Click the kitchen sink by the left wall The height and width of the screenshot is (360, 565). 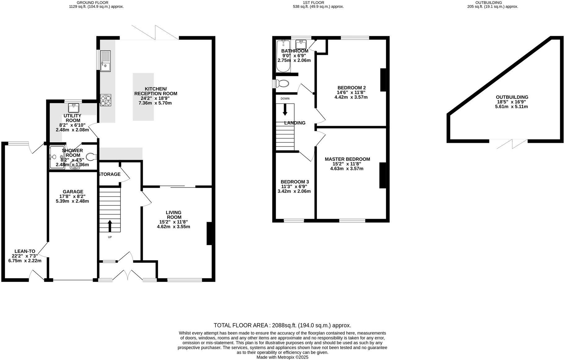(x=105, y=60)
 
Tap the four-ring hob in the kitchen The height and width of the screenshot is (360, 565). (x=106, y=100)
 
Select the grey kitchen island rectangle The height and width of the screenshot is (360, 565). (x=143, y=97)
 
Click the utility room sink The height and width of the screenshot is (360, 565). (x=74, y=108)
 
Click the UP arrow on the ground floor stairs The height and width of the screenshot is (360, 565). (x=110, y=226)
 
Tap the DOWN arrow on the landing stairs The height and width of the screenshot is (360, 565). (x=285, y=110)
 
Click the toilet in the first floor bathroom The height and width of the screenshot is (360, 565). (x=282, y=83)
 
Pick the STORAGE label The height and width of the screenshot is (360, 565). (x=109, y=174)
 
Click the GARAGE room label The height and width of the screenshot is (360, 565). (x=73, y=192)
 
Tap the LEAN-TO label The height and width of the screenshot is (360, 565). (x=25, y=251)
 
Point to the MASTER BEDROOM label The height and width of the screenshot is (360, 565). (x=347, y=159)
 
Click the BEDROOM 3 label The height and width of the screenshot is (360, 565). (x=295, y=182)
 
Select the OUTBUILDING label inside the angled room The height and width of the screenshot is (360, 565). (x=512, y=97)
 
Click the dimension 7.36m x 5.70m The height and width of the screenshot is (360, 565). (x=155, y=103)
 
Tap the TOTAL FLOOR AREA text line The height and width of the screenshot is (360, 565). (x=282, y=325)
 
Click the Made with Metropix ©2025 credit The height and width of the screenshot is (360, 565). (x=282, y=357)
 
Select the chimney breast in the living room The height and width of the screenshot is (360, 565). (x=209, y=234)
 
